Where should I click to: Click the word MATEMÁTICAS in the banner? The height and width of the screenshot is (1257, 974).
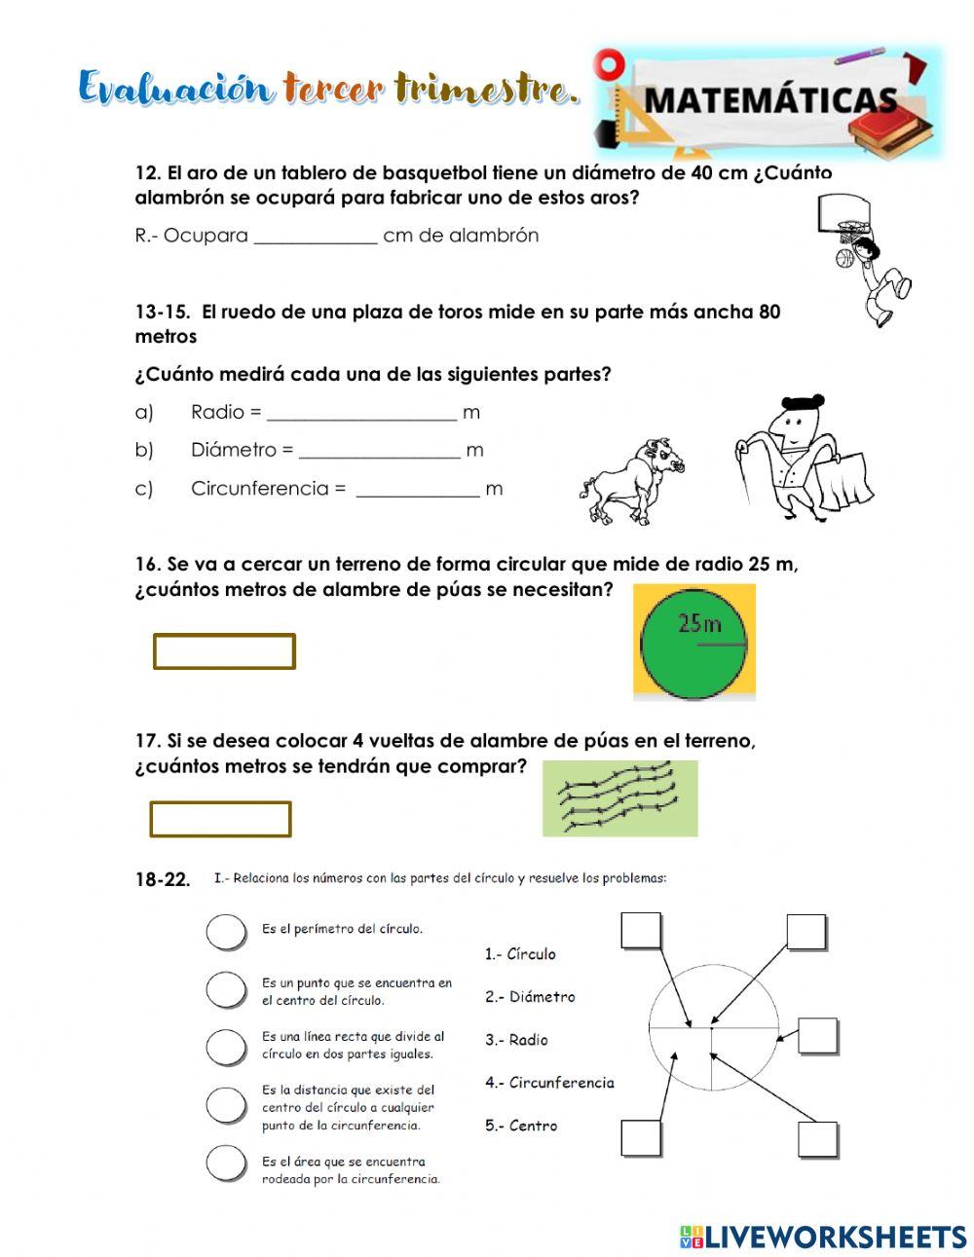click(x=769, y=100)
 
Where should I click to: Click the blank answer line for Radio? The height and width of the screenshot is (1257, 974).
click(x=360, y=414)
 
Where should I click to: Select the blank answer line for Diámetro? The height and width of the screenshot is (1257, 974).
click(x=379, y=452)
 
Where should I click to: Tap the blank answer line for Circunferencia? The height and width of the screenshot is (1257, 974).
click(x=417, y=490)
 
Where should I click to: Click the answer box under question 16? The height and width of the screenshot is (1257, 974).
click(x=224, y=651)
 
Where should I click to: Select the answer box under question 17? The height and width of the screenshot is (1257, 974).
click(x=220, y=819)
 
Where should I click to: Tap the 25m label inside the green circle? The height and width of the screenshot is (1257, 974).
click(x=699, y=623)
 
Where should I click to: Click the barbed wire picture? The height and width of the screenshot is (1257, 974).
click(x=619, y=797)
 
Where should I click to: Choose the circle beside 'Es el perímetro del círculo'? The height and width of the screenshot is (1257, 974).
click(x=226, y=932)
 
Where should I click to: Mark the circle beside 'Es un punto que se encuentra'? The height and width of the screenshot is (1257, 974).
click(x=226, y=990)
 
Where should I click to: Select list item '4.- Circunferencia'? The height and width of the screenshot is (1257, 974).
click(x=549, y=1083)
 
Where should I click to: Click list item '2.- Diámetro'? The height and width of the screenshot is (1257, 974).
click(x=530, y=997)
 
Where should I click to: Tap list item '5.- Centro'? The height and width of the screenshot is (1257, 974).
click(x=521, y=1126)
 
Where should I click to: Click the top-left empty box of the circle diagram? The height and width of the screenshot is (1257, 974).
click(x=640, y=931)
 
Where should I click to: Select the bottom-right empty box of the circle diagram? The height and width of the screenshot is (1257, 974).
click(x=817, y=1139)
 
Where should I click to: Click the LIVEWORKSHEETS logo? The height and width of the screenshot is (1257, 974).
click(x=822, y=1237)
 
